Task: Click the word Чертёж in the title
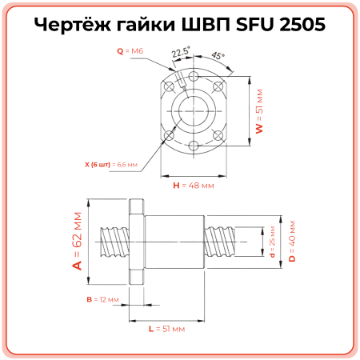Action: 71,26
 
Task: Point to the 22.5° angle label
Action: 182,53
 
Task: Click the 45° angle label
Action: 218,57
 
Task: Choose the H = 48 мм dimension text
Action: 194,185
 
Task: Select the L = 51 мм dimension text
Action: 166,329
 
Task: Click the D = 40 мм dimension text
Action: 292,240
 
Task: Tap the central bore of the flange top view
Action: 194,110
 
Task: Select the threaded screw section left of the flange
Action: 111,240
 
